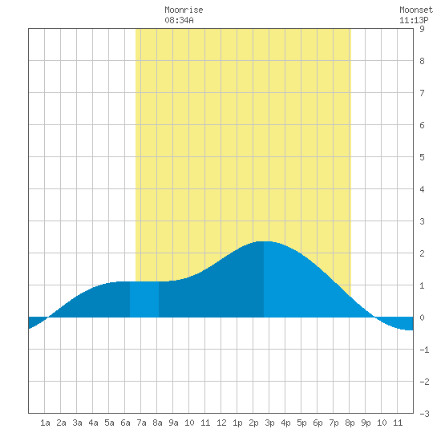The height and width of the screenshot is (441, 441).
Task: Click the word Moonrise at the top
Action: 184,10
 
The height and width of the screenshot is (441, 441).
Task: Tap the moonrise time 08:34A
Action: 179,20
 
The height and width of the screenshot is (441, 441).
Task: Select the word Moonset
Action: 416,10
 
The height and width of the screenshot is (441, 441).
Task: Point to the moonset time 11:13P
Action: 414,20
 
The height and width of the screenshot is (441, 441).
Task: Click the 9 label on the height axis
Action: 422,29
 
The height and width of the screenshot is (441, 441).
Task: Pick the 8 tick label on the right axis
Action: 422,61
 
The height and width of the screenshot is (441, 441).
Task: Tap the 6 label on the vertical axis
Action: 422,125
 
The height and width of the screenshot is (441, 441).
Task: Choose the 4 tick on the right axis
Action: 422,189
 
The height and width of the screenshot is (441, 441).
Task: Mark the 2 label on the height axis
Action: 422,253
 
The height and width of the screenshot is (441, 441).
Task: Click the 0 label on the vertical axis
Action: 422,318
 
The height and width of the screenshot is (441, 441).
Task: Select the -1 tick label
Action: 424,350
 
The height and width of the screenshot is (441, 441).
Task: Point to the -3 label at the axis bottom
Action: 424,414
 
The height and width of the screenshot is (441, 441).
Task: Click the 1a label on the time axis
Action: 45,423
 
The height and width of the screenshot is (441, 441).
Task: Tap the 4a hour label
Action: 93,423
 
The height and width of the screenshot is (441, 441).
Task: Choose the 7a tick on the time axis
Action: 141,423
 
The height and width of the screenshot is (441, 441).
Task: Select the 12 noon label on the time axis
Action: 221,423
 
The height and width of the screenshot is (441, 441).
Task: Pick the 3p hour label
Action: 269,423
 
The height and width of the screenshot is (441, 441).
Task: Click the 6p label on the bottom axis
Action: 318,423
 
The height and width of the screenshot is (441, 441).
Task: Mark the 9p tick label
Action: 366,423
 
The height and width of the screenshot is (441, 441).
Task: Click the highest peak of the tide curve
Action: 264,241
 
